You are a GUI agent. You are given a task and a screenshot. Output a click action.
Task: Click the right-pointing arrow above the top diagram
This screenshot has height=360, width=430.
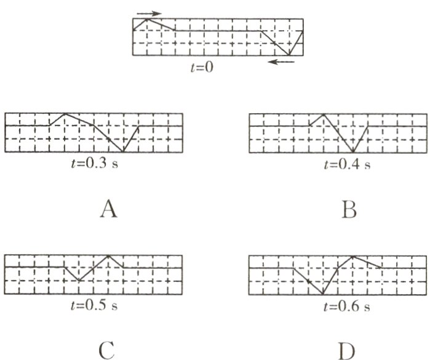click(x=149, y=12)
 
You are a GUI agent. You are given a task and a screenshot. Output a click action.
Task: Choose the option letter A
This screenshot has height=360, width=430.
click(x=108, y=210)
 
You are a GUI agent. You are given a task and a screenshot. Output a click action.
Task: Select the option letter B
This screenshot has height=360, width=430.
click(x=348, y=210)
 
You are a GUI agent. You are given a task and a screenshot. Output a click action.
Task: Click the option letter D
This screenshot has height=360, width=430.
click(x=348, y=351)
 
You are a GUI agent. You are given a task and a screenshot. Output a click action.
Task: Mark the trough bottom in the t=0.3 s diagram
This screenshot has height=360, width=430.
click(x=123, y=152)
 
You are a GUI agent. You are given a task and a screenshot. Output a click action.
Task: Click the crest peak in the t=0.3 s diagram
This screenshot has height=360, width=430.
click(x=65, y=114)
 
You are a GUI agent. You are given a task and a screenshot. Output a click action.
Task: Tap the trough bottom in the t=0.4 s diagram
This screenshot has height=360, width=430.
click(x=353, y=152)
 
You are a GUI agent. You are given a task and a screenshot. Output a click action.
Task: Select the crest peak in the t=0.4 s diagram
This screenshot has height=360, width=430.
click(x=324, y=114)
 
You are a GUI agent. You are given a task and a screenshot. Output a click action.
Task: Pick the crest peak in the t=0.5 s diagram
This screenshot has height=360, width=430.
click(x=109, y=255)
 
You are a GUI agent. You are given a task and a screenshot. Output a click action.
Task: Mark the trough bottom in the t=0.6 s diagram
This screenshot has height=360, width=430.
click(x=323, y=294)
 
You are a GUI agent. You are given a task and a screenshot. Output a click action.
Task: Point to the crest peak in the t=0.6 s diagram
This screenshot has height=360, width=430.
click(x=352, y=255)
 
